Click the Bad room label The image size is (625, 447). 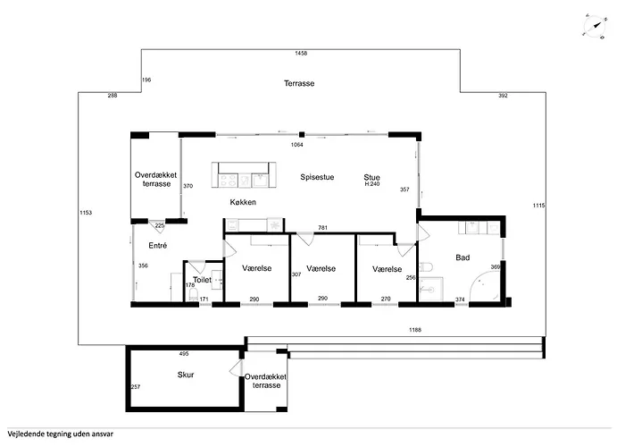tap(462, 257)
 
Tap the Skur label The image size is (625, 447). tap(186, 375)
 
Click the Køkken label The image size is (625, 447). tap(243, 203)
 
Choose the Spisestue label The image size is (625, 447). tap(317, 177)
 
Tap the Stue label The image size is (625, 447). tap(371, 177)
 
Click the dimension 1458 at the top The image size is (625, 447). tap(301, 55)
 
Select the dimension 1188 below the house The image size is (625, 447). tap(415, 330)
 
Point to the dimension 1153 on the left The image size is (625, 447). tap(86, 212)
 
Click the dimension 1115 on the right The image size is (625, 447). tap(538, 206)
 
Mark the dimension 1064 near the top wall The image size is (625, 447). tap(297, 144)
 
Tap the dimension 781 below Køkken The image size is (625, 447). tap(323, 228)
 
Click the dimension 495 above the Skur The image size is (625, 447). tap(184, 354)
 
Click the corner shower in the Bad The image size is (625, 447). tap(486, 286)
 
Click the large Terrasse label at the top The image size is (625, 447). tap(299, 83)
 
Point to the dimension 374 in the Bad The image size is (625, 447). tap(461, 299)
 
